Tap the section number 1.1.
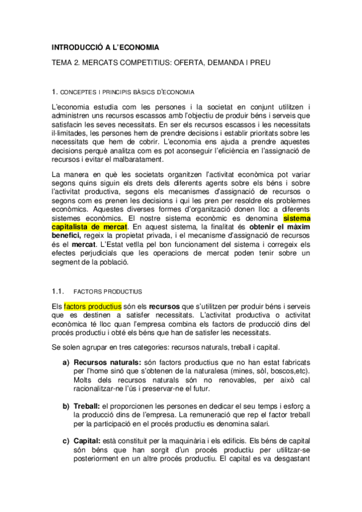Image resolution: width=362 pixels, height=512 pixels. pos(58,290)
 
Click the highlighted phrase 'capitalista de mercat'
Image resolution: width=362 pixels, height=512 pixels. pos(89,226)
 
